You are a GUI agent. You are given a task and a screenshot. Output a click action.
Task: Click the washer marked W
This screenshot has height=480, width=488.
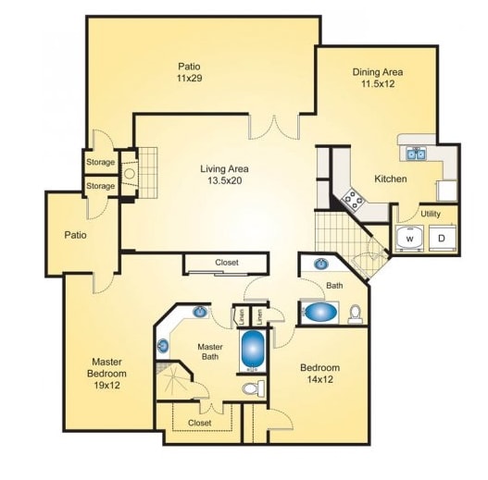[408, 239]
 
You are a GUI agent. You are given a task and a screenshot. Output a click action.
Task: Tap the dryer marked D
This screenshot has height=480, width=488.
[442, 239]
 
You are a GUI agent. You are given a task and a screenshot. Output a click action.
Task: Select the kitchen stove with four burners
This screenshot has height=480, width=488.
[353, 196]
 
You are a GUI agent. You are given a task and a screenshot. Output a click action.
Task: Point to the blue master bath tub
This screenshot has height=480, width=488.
[253, 349]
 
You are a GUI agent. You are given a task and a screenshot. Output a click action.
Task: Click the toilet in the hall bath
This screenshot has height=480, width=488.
[355, 314]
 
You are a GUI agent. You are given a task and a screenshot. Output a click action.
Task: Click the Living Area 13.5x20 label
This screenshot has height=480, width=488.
[226, 175]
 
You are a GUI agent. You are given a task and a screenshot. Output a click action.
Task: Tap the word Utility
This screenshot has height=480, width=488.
[431, 214]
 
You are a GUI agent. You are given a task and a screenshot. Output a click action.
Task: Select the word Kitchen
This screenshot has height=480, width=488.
[390, 178]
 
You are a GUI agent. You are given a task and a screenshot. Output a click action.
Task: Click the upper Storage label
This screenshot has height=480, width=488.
[100, 163]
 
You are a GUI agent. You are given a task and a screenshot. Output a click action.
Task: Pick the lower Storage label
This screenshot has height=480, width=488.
[100, 186]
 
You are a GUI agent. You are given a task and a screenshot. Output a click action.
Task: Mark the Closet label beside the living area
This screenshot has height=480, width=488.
[227, 263]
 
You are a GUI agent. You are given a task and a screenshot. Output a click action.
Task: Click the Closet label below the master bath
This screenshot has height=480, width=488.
[199, 423]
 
